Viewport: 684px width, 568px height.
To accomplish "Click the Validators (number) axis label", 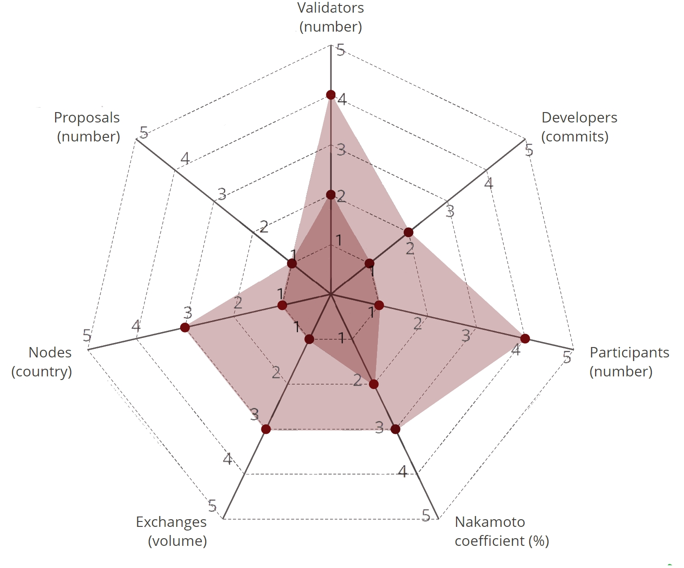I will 331,17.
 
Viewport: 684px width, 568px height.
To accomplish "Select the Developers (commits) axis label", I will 579,127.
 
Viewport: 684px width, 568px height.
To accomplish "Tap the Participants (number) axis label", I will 629,361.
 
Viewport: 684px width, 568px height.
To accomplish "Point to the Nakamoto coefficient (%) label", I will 501,531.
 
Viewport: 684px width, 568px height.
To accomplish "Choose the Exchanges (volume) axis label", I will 172,531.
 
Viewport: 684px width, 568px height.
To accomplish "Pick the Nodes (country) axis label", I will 42,361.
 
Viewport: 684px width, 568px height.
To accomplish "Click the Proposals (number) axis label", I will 88,127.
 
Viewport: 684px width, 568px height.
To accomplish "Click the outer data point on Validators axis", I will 331,95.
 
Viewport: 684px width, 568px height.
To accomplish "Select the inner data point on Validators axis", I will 331,195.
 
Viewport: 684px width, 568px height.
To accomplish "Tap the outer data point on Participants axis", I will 525,338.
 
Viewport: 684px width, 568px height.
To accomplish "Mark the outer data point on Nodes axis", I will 185,327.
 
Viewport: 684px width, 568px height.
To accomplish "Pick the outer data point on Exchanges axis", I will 266,429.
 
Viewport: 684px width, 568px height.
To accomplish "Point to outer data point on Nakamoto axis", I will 396,429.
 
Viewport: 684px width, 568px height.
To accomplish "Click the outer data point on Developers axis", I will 409,232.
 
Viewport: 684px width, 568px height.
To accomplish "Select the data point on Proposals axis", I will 292,263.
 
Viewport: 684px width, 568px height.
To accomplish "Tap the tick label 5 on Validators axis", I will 341,50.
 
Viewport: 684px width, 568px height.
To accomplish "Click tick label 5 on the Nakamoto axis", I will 426,515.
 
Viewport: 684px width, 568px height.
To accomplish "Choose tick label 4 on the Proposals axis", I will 185,159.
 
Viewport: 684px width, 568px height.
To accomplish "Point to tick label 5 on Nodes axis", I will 87,336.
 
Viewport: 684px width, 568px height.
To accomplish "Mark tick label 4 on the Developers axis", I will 489,183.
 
